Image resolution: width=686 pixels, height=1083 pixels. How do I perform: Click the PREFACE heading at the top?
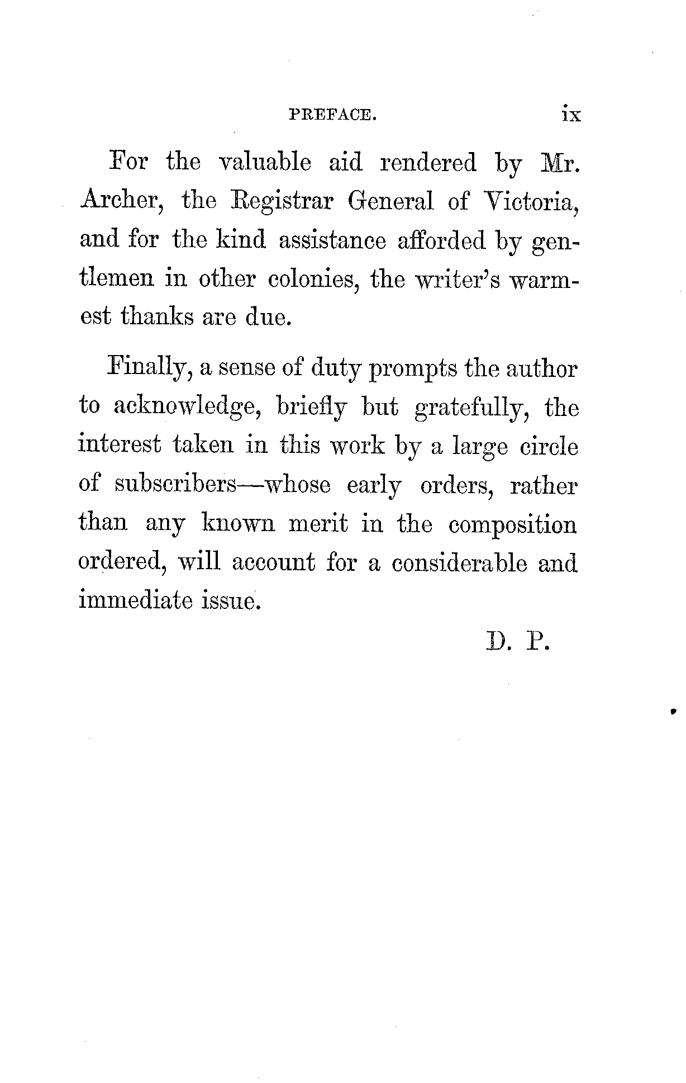point(332,115)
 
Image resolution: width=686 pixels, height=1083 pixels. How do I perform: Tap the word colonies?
point(313,279)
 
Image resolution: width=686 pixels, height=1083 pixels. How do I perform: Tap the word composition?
point(512,525)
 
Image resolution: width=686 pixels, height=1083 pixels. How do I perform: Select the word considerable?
point(459,563)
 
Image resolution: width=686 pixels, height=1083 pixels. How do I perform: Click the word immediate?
point(134,600)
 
